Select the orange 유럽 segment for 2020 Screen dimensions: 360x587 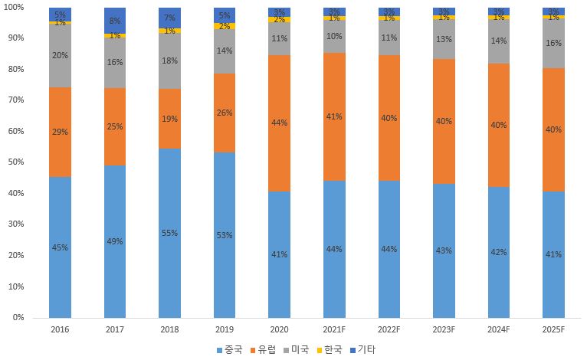click(279, 123)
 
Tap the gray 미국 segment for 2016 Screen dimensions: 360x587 click(60, 56)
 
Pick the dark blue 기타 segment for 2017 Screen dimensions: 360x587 click(115, 21)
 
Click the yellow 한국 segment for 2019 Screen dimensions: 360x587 click(225, 26)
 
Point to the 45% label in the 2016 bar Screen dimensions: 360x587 click(60, 247)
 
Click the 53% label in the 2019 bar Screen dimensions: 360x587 click(225, 235)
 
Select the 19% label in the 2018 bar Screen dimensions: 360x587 click(169, 119)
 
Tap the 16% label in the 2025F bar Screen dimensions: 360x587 click(553, 44)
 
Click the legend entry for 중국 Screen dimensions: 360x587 click(229, 349)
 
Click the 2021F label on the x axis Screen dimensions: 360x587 click(334, 329)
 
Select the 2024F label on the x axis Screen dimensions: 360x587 click(498, 329)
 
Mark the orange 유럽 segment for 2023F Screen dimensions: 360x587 click(444, 121)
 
